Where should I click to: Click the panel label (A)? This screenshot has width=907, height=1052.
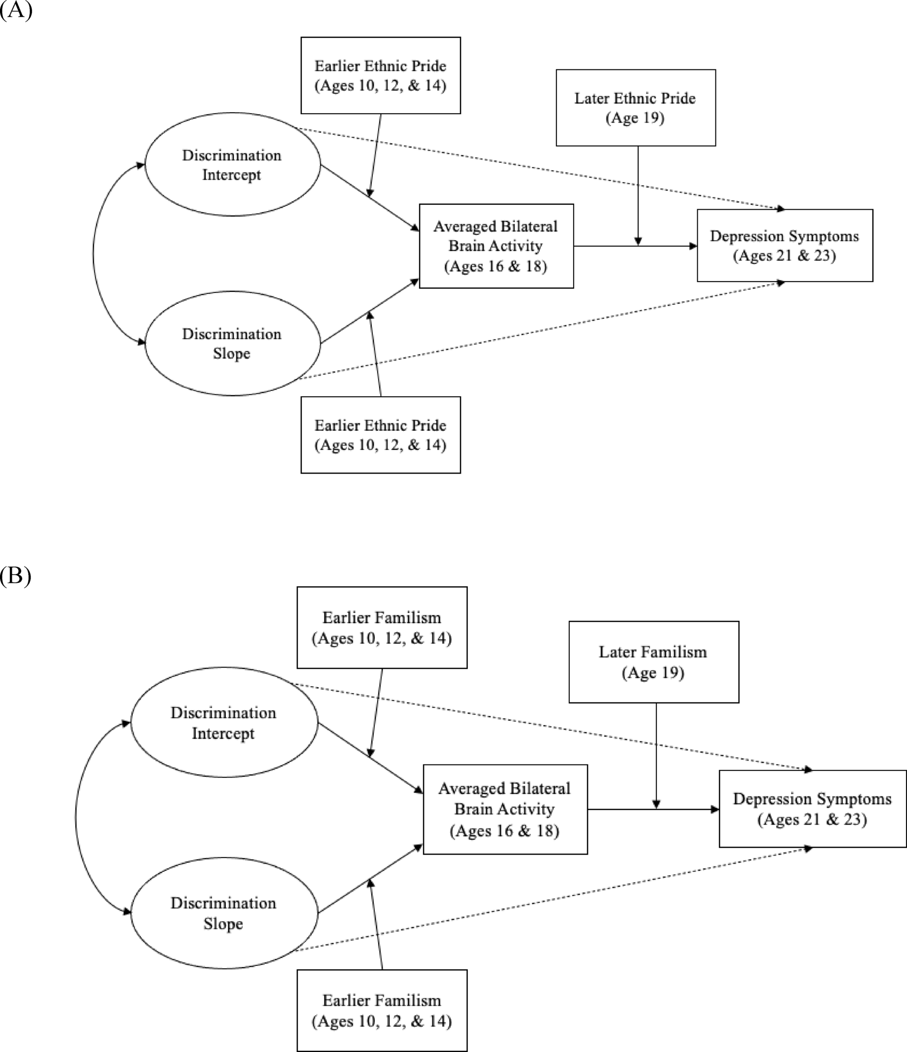pyautogui.click(x=16, y=10)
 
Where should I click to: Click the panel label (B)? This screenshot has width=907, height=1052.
pyautogui.click(x=15, y=576)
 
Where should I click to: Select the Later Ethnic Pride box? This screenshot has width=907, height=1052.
pyautogui.click(x=635, y=108)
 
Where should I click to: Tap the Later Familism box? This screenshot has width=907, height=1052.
pyautogui.click(x=653, y=662)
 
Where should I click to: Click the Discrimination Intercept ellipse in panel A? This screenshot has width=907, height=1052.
pyautogui.click(x=232, y=164)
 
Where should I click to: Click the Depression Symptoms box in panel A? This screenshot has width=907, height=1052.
pyautogui.click(x=784, y=246)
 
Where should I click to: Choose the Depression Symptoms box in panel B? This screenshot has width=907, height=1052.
pyautogui.click(x=812, y=809)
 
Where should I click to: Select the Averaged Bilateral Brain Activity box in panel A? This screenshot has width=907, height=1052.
pyautogui.click(x=496, y=246)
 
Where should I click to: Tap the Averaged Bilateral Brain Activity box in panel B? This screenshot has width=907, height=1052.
pyautogui.click(x=505, y=809)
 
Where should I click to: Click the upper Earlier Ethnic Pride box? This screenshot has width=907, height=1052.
pyautogui.click(x=380, y=75)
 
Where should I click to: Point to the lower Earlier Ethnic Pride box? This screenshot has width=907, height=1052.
pyautogui.click(x=380, y=435)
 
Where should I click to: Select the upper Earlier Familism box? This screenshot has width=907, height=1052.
pyautogui.click(x=382, y=628)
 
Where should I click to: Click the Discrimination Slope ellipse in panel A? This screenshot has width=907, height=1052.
pyautogui.click(x=232, y=343)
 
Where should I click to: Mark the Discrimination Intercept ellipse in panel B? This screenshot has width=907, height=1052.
pyautogui.click(x=224, y=723)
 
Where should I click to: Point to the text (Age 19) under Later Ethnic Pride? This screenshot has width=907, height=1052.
pyautogui.click(x=635, y=118)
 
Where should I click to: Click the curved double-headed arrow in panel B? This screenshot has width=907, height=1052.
pyautogui.click(x=76, y=818)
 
